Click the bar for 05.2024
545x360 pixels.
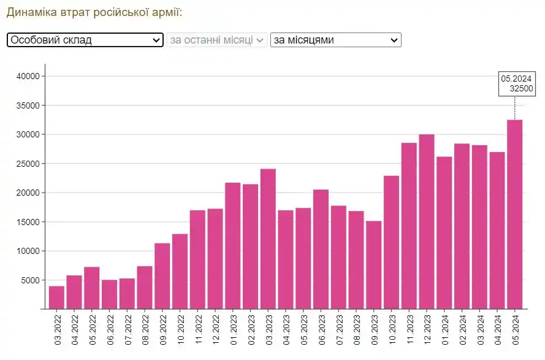coord(514,215)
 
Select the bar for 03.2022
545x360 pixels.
coord(56,297)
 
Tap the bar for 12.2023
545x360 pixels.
coord(427,221)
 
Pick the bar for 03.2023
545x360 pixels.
coord(268,239)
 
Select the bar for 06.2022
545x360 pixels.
coord(109,294)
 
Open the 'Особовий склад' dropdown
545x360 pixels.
coord(85,40)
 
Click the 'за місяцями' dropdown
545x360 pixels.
coord(335,40)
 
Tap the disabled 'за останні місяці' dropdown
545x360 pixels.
coord(217,40)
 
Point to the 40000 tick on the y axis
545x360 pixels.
coord(28,76)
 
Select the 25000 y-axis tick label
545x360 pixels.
coord(28,164)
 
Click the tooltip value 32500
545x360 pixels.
coord(522,88)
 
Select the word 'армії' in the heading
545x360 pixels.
coord(166,12)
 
